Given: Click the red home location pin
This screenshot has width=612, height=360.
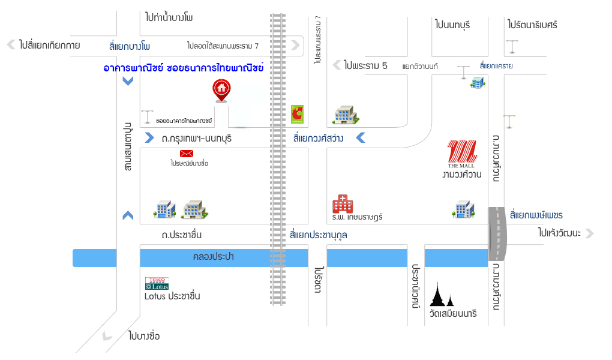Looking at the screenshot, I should [221, 90].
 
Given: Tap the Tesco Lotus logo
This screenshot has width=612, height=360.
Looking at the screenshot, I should [157, 283].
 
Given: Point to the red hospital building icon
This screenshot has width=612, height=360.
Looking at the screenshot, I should [343, 203].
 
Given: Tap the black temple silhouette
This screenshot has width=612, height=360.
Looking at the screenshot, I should [443, 295].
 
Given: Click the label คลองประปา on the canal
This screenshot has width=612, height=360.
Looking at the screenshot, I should [213, 257].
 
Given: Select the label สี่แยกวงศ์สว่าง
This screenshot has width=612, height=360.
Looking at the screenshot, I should [318, 139].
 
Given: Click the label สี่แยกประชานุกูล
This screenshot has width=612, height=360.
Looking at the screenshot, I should [318, 235].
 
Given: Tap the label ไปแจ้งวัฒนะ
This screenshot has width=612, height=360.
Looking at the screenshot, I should [559, 233].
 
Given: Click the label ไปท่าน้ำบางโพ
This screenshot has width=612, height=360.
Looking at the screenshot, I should [169, 17].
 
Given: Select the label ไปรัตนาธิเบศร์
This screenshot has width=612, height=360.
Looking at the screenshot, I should [532, 25].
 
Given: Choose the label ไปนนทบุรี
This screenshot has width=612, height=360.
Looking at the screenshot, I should [452, 25].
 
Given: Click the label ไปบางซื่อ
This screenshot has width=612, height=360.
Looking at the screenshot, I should [144, 335].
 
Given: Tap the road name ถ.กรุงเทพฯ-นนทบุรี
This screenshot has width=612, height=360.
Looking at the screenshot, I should [196, 139].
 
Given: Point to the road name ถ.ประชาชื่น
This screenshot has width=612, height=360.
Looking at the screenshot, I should [181, 235].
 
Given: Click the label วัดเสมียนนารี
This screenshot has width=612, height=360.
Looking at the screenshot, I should [453, 313].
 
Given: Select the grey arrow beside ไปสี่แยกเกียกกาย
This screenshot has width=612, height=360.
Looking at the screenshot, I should [10, 44].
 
